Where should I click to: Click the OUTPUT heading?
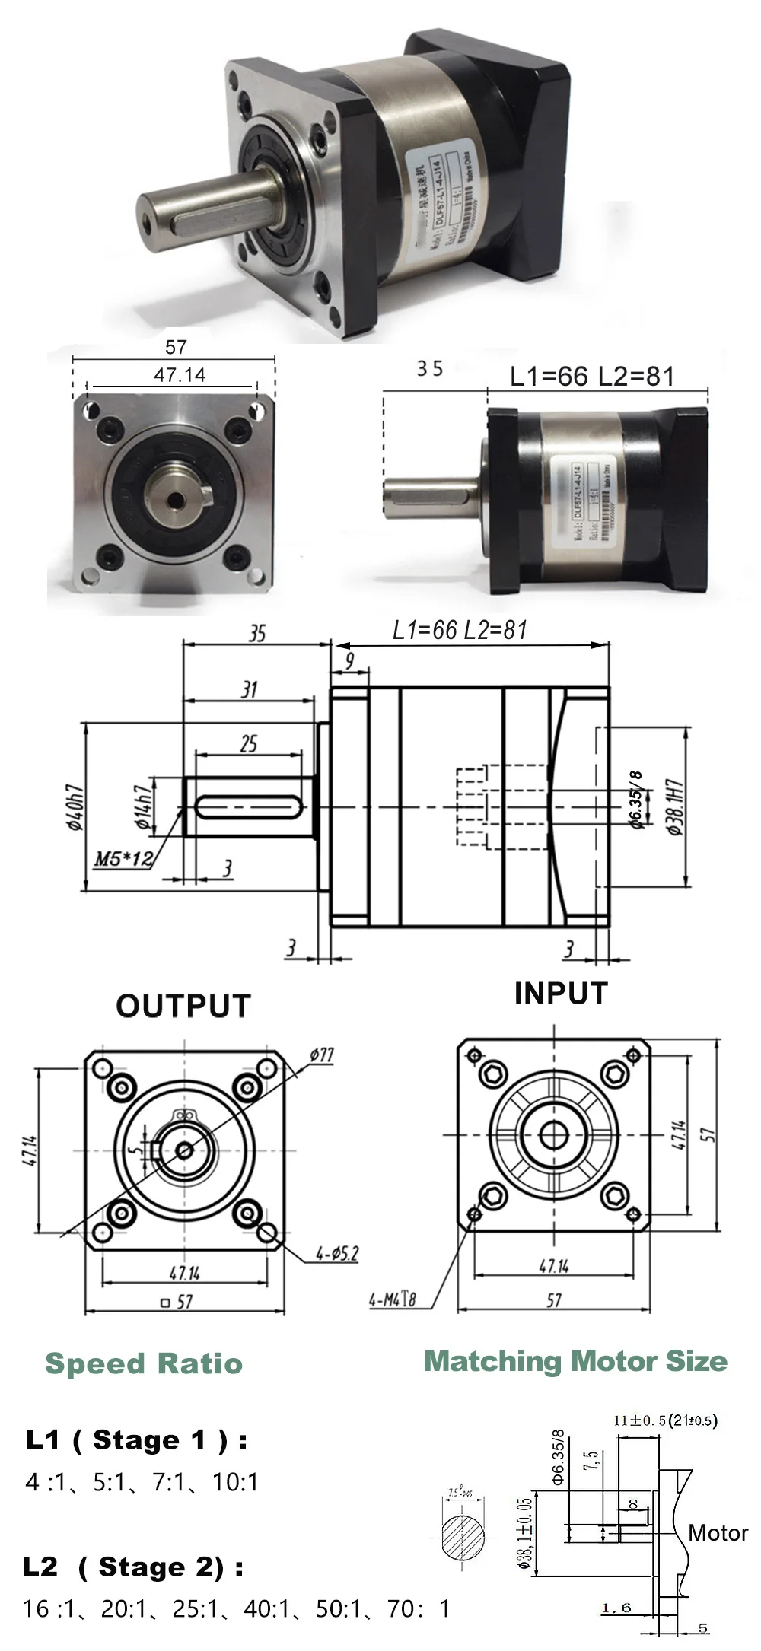tap(183, 1006)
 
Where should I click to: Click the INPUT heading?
tap(561, 993)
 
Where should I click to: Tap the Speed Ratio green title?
tap(144, 1363)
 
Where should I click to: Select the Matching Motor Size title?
tap(575, 1360)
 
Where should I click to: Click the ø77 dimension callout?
tap(322, 1055)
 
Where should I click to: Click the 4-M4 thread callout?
tap(393, 1299)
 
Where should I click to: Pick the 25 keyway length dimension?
tap(249, 744)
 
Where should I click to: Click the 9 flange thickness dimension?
tap(349, 660)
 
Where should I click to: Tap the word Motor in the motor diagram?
tap(718, 1532)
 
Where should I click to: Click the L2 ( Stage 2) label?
tap(133, 1567)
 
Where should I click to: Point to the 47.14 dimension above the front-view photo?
tap(180, 375)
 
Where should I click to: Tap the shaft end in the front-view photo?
tap(176, 498)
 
